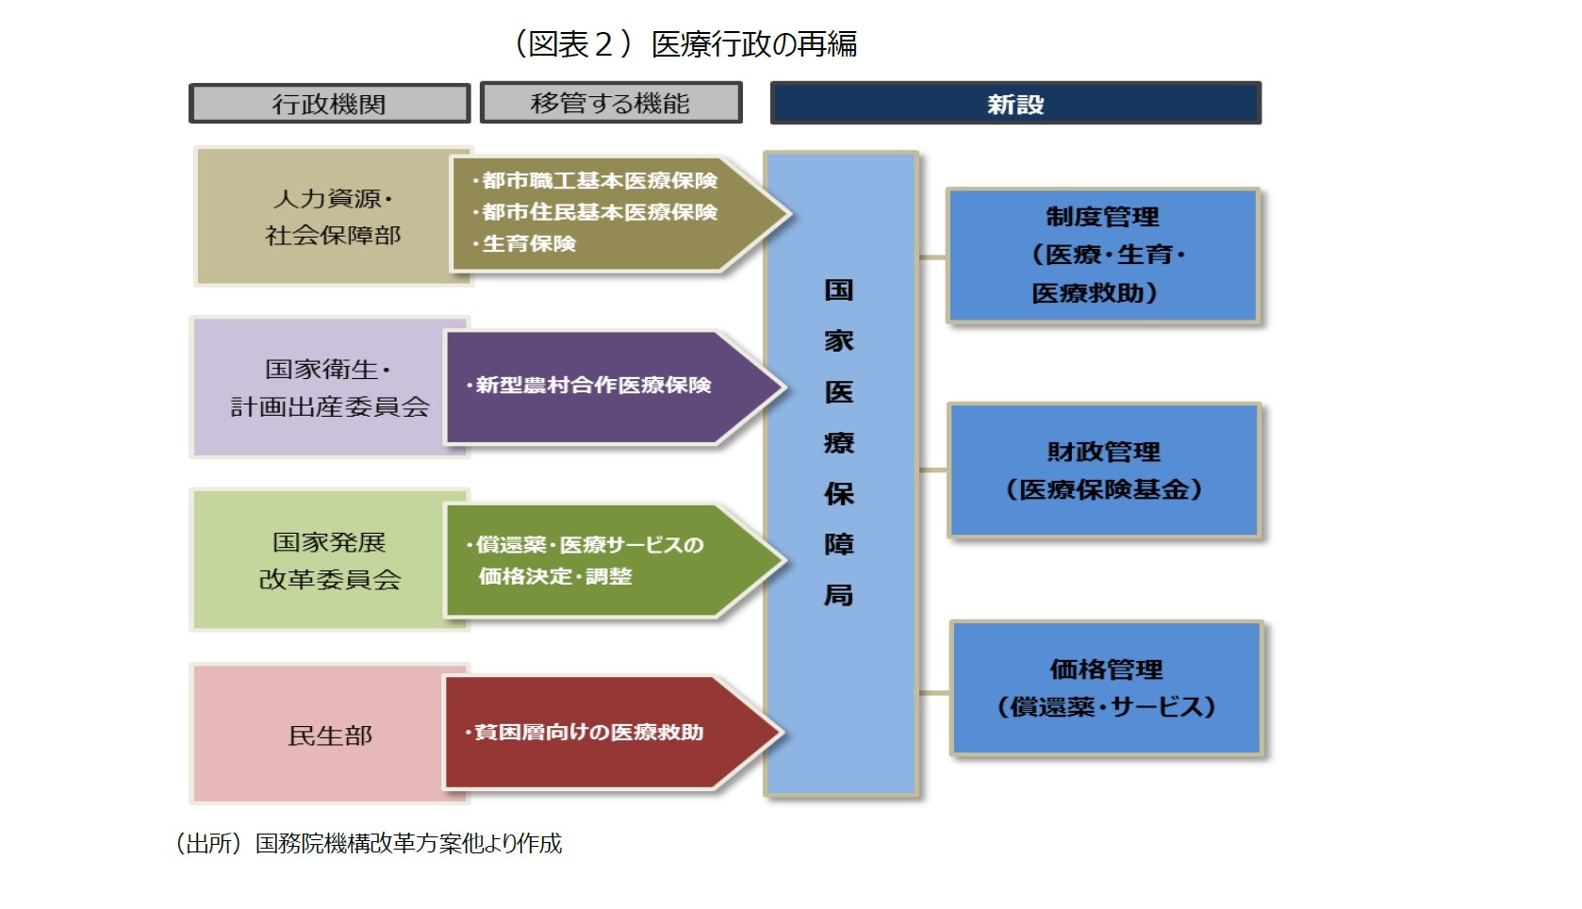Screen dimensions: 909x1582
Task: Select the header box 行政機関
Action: pyautogui.click(x=329, y=104)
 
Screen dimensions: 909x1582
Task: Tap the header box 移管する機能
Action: pyautogui.click(x=611, y=103)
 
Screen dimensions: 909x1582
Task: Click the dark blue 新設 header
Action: pyautogui.click(x=1015, y=104)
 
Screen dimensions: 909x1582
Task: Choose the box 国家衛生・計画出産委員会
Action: pyautogui.click(x=321, y=388)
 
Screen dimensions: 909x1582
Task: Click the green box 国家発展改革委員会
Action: pyautogui.click(x=321, y=560)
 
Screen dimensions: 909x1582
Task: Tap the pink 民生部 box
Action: pyautogui.click(x=321, y=735)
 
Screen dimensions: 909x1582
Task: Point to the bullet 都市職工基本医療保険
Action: pyautogui.click(x=600, y=180)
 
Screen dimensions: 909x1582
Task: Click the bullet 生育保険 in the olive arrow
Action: pyautogui.click(x=529, y=244)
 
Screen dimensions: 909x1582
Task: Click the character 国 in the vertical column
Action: pyautogui.click(x=839, y=290)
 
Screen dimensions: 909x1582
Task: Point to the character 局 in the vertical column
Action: pyautogui.click(x=839, y=596)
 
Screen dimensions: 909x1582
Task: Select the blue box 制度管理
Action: pyautogui.click(x=1103, y=256)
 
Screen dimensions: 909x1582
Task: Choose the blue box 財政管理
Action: pyautogui.click(x=1104, y=471)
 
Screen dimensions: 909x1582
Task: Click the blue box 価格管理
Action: pyautogui.click(x=1106, y=688)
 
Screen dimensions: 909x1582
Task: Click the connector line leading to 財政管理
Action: pyautogui.click(x=933, y=470)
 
